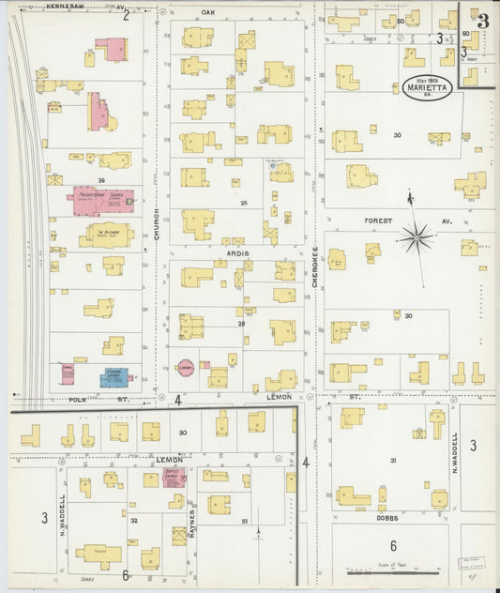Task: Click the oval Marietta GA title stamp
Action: pyautogui.click(x=428, y=87)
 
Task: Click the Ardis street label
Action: pyautogui.click(x=235, y=252)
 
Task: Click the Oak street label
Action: pyautogui.click(x=207, y=12)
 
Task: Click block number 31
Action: pyautogui.click(x=393, y=460)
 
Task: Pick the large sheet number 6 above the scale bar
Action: pyautogui.click(x=393, y=546)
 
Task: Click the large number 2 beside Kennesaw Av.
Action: pyautogui.click(x=126, y=15)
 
